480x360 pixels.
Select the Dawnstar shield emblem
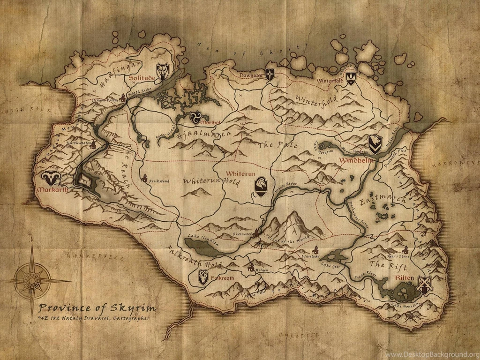click(x=270, y=74)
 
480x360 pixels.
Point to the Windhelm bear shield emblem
click(x=374, y=144)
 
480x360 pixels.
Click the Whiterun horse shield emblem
click(x=261, y=186)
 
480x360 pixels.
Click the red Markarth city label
click(x=50, y=190)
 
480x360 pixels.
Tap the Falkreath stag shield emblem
click(x=203, y=277)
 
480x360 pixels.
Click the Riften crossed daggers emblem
click(x=424, y=285)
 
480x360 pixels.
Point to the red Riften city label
click(x=405, y=278)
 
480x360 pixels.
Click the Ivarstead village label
click(x=311, y=256)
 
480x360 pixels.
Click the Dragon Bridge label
click(x=105, y=100)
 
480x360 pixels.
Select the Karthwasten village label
click(x=78, y=143)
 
